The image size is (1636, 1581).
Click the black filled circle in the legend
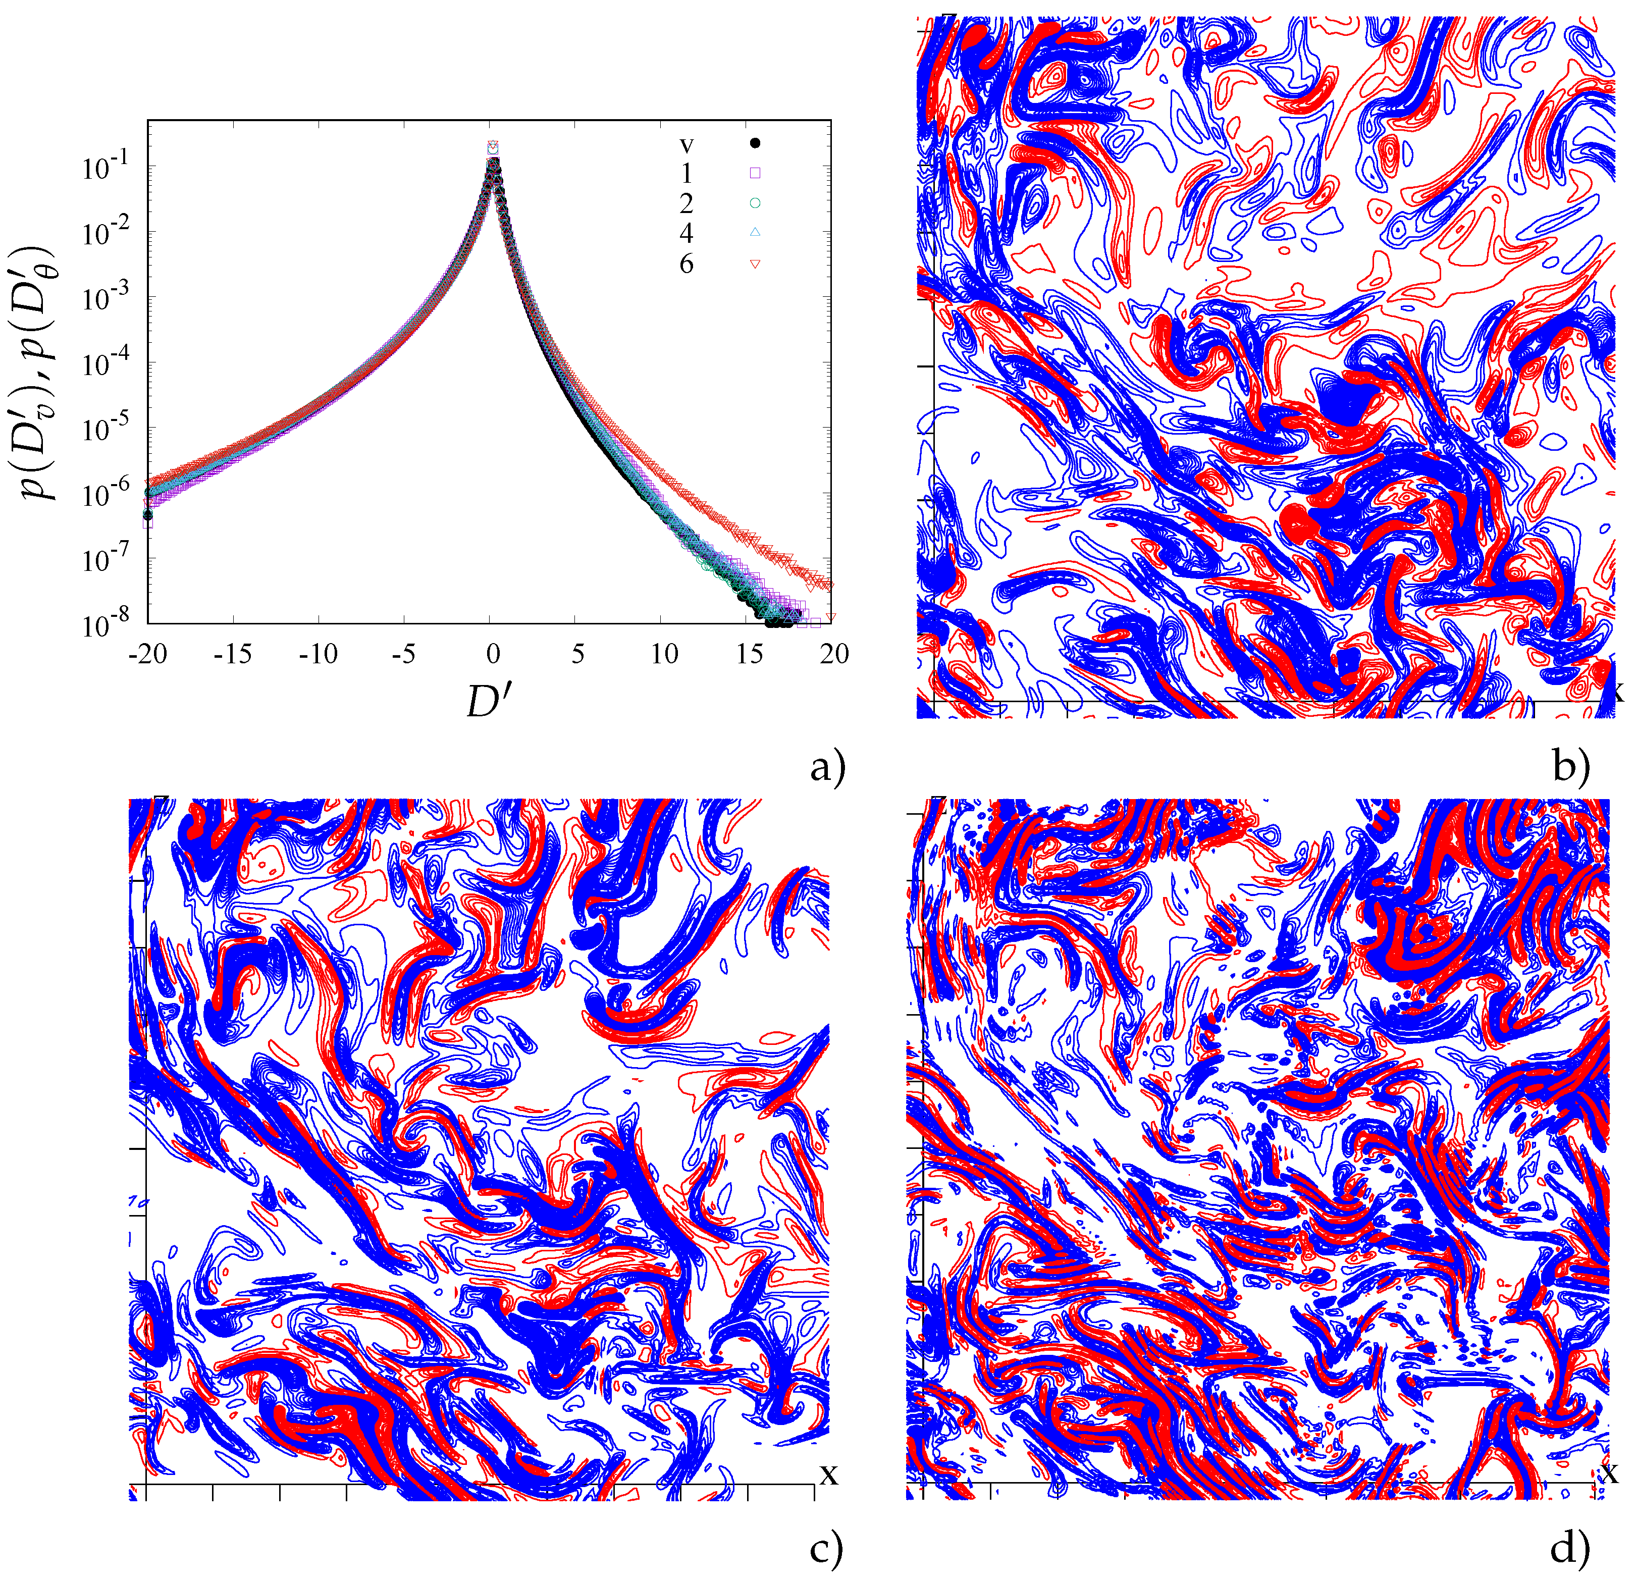point(755,143)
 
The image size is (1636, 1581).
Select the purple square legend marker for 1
point(755,174)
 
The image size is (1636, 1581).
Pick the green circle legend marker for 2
point(755,203)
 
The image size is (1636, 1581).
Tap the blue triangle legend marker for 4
point(755,233)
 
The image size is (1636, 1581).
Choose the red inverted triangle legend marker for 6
point(755,264)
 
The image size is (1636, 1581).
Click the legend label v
point(686,145)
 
